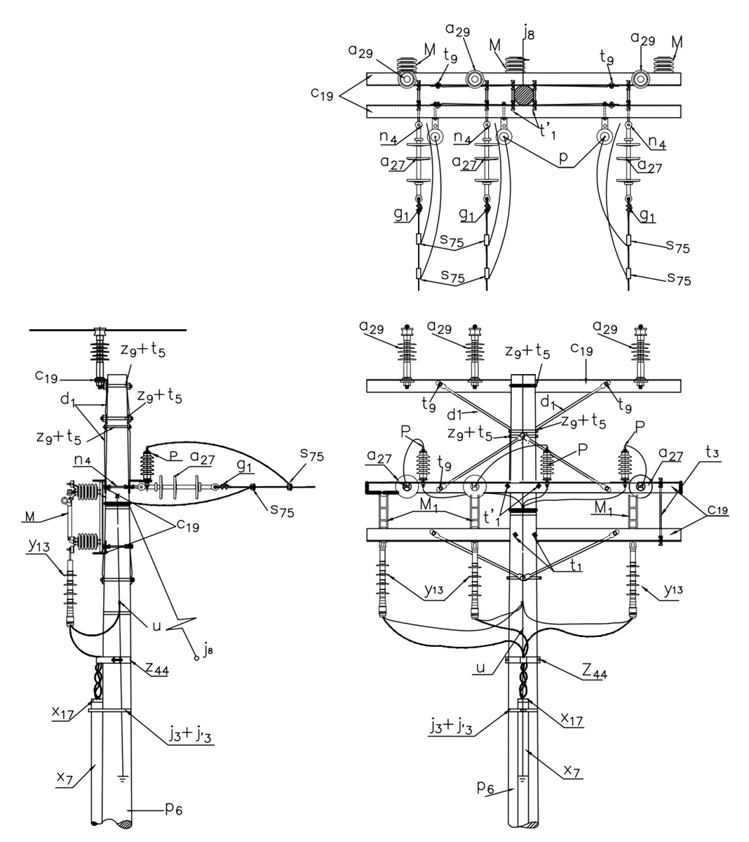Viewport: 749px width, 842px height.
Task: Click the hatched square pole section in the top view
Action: pos(524,95)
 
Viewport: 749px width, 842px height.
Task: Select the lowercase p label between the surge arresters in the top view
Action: pos(563,159)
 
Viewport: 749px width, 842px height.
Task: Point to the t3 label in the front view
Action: pos(712,452)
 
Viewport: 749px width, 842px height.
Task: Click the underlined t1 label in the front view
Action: pos(575,565)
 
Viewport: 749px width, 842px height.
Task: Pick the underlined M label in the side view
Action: pos(31,516)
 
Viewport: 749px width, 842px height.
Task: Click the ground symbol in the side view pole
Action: pos(123,779)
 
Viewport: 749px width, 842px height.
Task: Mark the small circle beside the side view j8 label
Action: pos(196,658)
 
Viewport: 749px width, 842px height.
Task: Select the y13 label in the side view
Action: pos(39,546)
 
